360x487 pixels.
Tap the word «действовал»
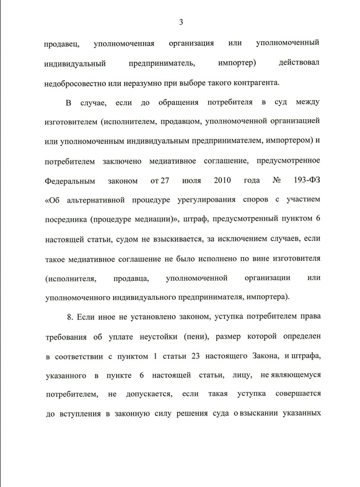point(298,63)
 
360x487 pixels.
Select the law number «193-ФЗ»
point(306,181)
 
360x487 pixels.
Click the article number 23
point(197,357)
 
